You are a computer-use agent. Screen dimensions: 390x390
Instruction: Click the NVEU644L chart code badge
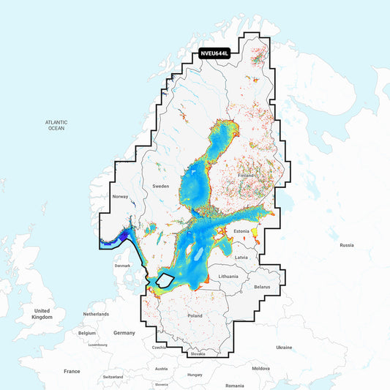[x=215, y=53]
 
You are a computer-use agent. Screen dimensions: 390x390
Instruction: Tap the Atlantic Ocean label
[x=56, y=125]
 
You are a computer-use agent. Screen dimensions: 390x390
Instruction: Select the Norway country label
[x=120, y=197]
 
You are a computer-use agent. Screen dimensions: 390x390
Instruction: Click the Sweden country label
[x=160, y=187]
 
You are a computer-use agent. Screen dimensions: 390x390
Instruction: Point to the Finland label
[x=245, y=176]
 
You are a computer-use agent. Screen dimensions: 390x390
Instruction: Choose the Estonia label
[x=241, y=231]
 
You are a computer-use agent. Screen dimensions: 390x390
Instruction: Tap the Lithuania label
[x=228, y=276]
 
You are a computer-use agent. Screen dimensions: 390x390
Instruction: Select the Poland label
[x=195, y=315]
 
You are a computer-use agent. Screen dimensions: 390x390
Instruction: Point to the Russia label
[x=347, y=245]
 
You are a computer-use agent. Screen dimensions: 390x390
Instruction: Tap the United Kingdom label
[x=42, y=314]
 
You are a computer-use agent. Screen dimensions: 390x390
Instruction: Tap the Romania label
[x=235, y=385]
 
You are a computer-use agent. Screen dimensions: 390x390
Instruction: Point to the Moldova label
[x=260, y=369]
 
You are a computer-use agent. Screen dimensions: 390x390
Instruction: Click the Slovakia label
[x=197, y=354]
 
